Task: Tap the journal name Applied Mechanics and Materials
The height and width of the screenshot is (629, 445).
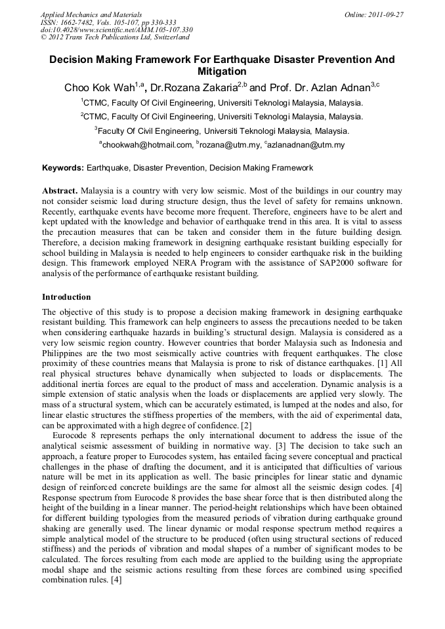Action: coord(82,14)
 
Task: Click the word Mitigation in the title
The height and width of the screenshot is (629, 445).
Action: coord(222,71)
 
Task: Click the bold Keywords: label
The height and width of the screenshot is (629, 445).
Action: coord(63,169)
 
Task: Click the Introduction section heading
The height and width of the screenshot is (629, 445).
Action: coord(66,297)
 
